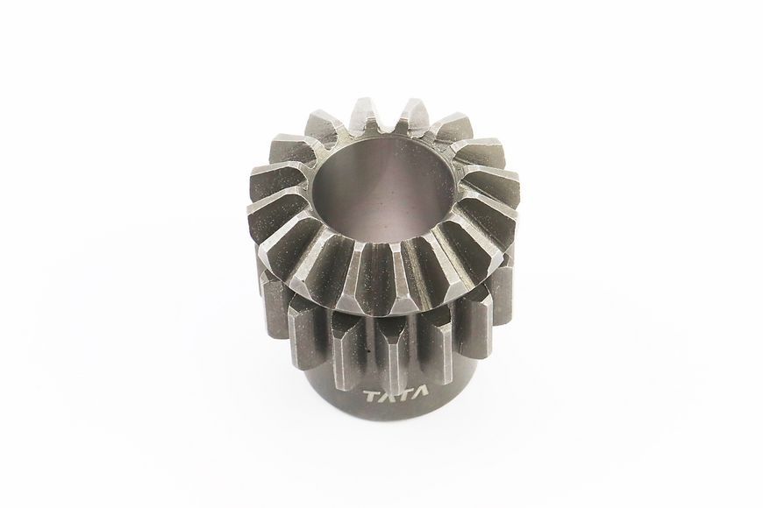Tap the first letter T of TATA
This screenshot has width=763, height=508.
372,397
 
